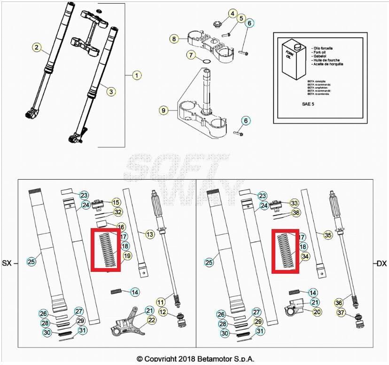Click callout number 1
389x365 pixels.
pyautogui.click(x=136, y=75)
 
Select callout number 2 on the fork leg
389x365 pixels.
pyautogui.click(x=36, y=47)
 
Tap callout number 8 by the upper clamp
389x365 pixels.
pyautogui.click(x=174, y=39)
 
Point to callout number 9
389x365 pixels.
pyautogui.click(x=163, y=111)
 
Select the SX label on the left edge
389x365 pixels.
pyautogui.click(x=7, y=263)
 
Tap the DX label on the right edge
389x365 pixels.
pyautogui.click(x=381, y=263)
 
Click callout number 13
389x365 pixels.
pyautogui.click(x=149, y=234)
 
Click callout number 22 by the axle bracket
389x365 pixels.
pyautogui.click(x=151, y=320)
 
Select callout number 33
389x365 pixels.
pyautogui.click(x=294, y=203)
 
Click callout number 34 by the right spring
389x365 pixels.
pyautogui.click(x=306, y=256)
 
